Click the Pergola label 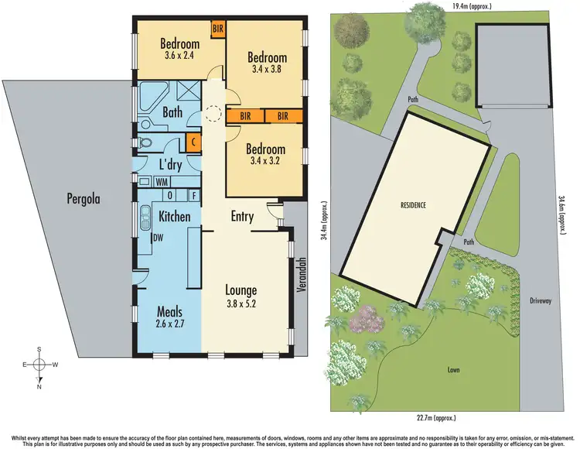click(78, 199)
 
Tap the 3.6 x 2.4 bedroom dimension click(179, 56)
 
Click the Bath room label click(172, 112)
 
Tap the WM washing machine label click(162, 182)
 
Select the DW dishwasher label click(158, 238)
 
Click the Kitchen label click(175, 217)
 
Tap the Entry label click(242, 217)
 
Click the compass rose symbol click(39, 364)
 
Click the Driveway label click(541, 300)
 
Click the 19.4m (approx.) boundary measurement click(471, 6)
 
